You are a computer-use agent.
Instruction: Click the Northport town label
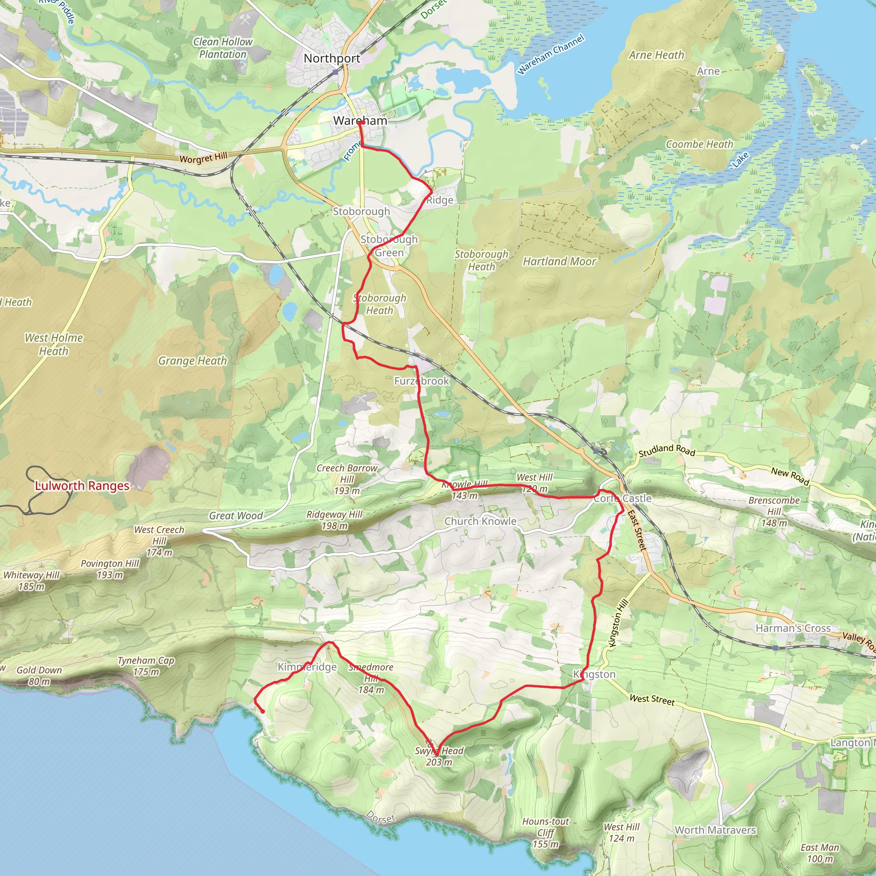[x=332, y=59]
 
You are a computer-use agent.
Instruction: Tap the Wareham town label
[x=360, y=121]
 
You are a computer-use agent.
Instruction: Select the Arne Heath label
[x=656, y=55]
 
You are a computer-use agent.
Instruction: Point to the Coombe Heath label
[x=699, y=144]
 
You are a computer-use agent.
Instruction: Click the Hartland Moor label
[x=559, y=261]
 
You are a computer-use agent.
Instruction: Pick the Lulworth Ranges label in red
[x=82, y=485]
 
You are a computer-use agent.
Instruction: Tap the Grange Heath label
[x=192, y=361]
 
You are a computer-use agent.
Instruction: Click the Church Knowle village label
[x=480, y=521]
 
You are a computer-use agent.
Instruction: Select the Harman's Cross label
[x=793, y=628]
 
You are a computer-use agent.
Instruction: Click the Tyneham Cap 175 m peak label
[x=146, y=666]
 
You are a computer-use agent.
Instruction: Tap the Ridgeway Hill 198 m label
[x=334, y=520]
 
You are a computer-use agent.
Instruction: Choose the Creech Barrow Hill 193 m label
[x=347, y=479]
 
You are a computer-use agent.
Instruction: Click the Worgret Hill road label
[x=203, y=158]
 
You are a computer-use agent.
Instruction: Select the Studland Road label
[x=666, y=450]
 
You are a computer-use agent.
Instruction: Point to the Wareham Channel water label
[x=551, y=54]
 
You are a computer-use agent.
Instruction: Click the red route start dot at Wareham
[x=362, y=122]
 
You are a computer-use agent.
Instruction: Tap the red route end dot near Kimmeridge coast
[x=263, y=711]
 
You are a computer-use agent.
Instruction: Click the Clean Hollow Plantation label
[x=222, y=47]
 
